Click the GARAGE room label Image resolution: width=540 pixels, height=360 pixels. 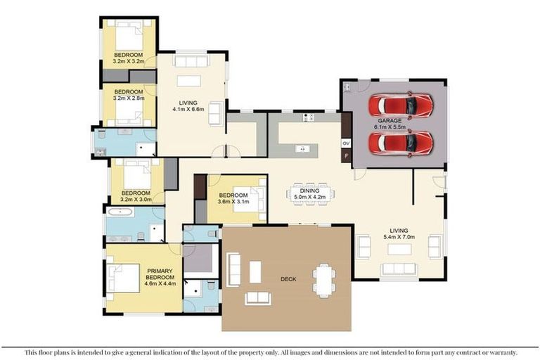[390, 121]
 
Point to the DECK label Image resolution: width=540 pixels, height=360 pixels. [288, 279]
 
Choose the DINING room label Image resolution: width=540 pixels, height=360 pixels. [309, 191]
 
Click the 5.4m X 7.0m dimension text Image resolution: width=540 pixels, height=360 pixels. [400, 238]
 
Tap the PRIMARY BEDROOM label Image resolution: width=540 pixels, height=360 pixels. [160, 274]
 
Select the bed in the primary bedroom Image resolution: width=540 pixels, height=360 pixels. [123, 277]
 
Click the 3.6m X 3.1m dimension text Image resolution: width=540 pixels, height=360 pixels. [233, 202]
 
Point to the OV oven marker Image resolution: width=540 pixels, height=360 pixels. [345, 143]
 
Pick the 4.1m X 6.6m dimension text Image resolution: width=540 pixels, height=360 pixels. [188, 109]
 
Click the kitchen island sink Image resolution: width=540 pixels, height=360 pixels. [300, 148]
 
